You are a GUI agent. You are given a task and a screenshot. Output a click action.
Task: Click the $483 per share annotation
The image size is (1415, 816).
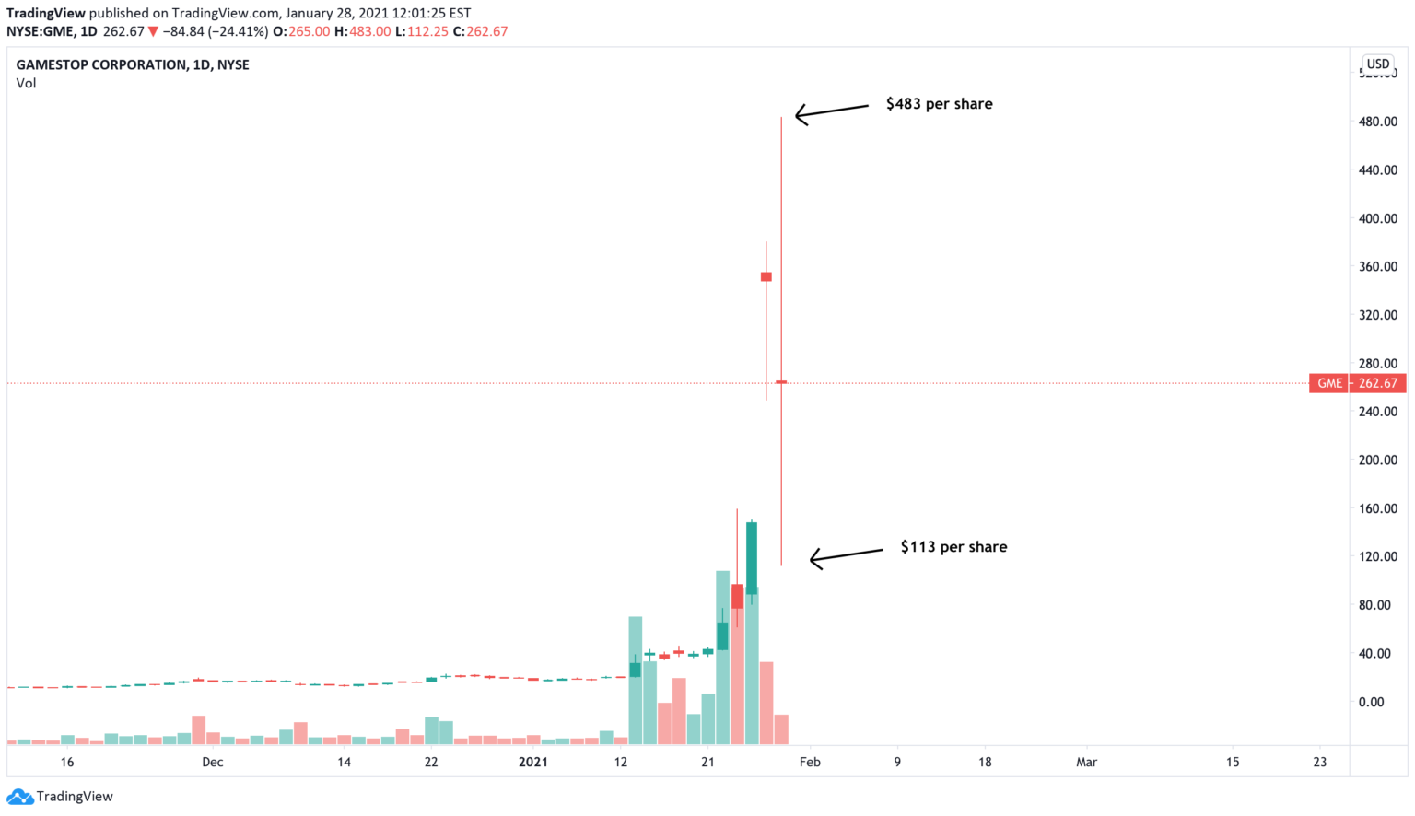click(939, 104)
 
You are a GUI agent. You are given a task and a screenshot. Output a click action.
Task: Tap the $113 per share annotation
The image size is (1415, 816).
click(953, 547)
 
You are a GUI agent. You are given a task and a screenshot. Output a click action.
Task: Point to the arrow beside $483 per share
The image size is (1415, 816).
click(831, 111)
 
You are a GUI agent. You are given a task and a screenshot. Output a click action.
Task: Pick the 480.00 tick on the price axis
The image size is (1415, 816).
click(1377, 122)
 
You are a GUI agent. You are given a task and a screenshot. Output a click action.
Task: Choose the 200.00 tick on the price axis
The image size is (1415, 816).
click(1377, 460)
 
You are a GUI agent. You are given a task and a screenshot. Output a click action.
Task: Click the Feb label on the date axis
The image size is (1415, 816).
click(810, 762)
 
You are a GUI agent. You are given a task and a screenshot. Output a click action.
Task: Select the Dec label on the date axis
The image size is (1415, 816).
click(213, 762)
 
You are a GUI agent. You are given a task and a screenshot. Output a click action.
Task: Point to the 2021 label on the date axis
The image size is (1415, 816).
click(533, 762)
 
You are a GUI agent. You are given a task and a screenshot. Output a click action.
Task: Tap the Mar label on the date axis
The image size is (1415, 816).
click(1087, 762)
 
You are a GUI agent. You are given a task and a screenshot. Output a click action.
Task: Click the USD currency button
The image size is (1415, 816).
click(1378, 64)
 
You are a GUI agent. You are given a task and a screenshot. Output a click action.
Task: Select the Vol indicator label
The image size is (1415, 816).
click(26, 83)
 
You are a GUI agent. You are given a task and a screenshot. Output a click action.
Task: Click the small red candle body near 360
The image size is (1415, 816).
click(766, 276)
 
